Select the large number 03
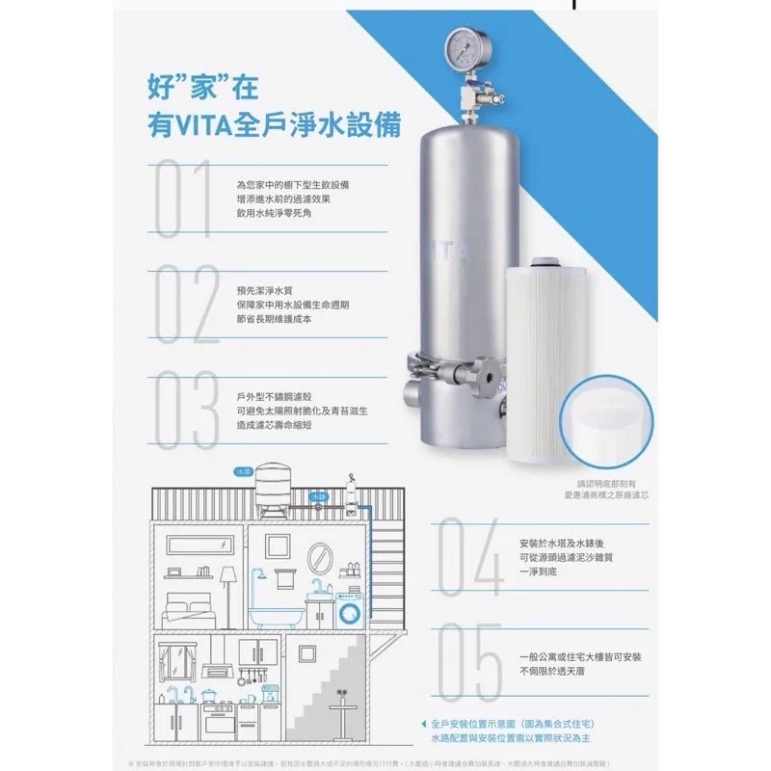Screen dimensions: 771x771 click(183, 412)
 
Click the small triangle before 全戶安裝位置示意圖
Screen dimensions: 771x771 click(424, 723)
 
